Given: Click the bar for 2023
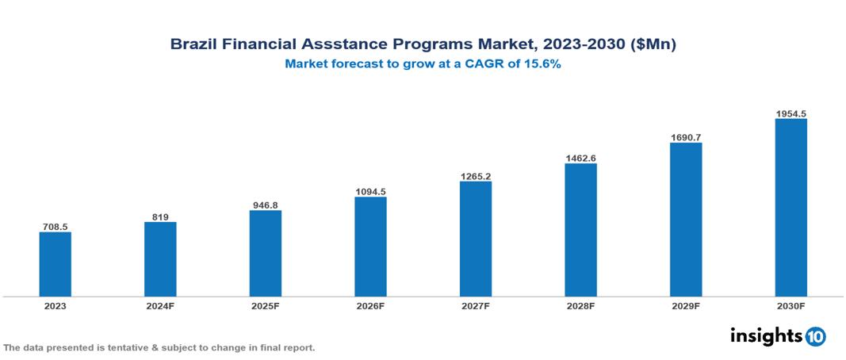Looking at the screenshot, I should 56,264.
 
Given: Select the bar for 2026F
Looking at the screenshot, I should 370,247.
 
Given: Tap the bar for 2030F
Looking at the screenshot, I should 790,208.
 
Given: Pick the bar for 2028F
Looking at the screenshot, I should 580,230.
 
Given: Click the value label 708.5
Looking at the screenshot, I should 56,227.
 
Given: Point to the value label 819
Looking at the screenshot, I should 160,216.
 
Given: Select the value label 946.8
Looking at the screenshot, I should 266,205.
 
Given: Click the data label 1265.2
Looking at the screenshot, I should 475,176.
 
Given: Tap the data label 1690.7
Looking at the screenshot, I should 686,137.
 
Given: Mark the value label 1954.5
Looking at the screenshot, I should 790,113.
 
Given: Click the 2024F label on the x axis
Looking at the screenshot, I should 160,305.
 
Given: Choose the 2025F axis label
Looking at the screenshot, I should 266,305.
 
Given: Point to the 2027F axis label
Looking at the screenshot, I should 475,305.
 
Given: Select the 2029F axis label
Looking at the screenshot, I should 686,305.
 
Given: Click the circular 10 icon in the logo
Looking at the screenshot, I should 815,336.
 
